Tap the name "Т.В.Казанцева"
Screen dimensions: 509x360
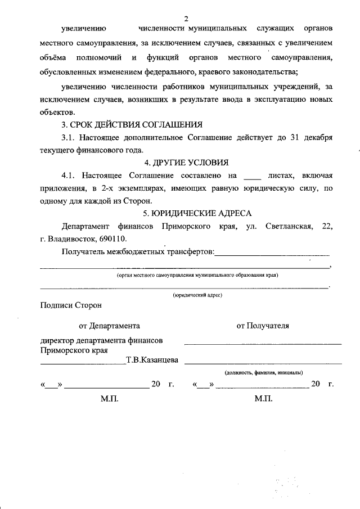click(152, 360)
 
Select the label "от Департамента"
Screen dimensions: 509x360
click(109, 325)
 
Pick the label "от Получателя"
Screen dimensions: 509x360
click(263, 325)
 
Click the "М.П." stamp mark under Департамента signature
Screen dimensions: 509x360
click(110, 398)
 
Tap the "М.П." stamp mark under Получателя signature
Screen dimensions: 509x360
click(263, 398)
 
